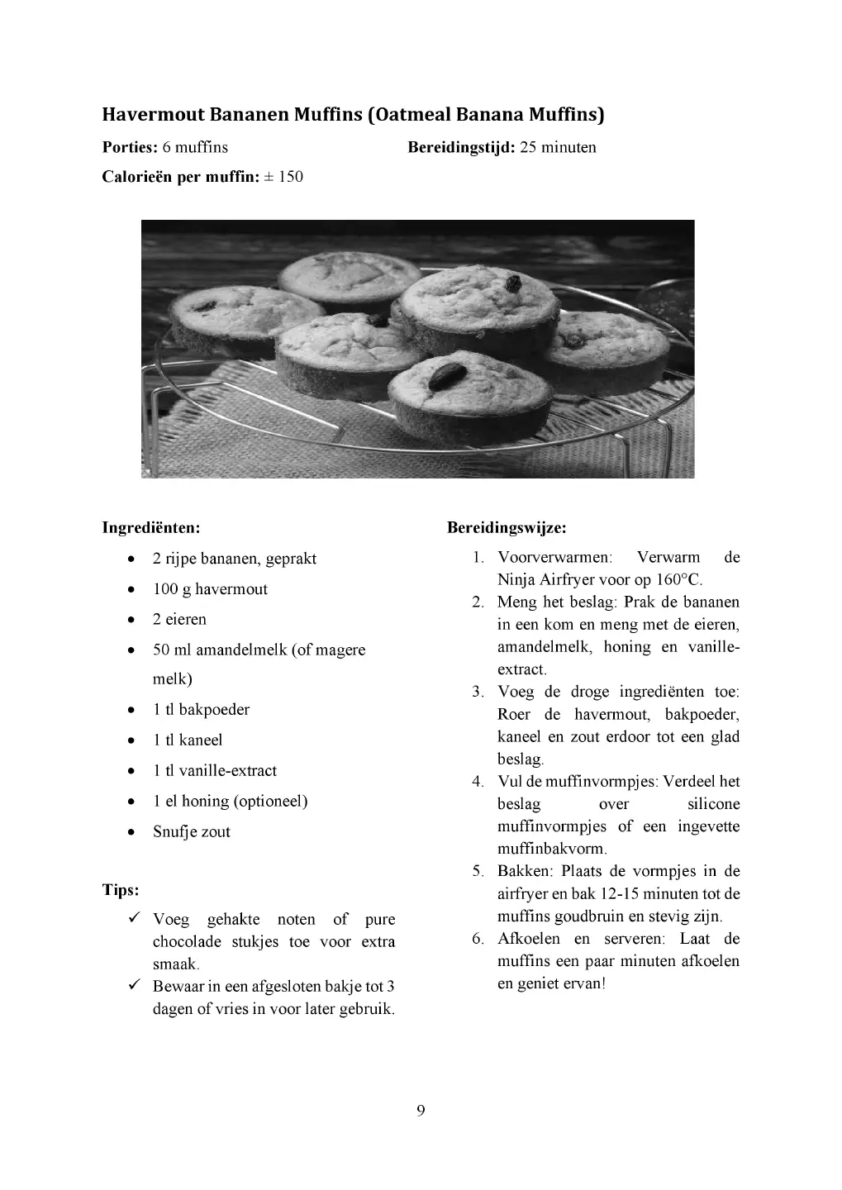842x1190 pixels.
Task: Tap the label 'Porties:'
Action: click(130, 147)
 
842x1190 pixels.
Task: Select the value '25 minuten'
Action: click(558, 147)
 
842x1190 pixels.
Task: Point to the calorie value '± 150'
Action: click(283, 177)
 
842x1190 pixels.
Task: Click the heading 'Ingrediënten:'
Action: click(151, 527)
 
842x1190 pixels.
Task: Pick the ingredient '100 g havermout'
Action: click(210, 589)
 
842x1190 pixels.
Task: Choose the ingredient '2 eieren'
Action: click(179, 619)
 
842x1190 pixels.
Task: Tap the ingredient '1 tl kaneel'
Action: click(188, 740)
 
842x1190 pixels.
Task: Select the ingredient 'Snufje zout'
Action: click(192, 831)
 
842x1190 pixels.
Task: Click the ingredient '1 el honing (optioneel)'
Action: click(230, 801)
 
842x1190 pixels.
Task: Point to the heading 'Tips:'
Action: click(121, 890)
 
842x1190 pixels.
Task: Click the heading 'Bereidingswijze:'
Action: click(507, 527)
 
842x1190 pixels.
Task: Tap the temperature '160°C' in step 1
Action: click(680, 579)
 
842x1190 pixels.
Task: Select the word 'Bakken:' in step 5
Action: click(526, 871)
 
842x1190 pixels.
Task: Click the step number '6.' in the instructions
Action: click(478, 939)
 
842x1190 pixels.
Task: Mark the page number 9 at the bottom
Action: click(421, 1110)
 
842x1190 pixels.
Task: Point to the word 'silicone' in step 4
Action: click(713, 804)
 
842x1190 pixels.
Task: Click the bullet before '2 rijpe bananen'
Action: click(132, 559)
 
